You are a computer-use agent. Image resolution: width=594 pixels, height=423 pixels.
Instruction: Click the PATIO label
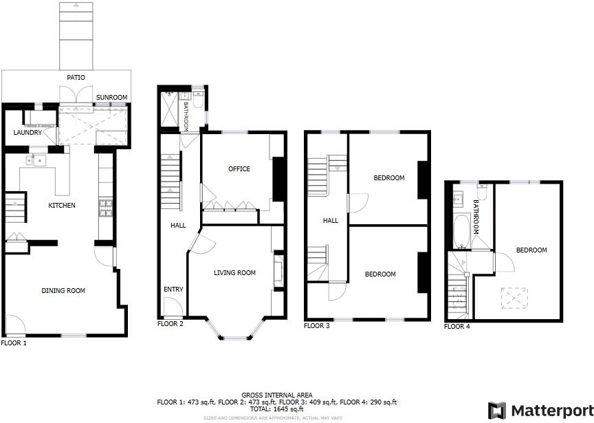76,78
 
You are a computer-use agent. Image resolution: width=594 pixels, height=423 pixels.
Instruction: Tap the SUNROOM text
111,98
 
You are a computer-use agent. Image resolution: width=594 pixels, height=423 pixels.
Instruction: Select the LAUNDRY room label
28,133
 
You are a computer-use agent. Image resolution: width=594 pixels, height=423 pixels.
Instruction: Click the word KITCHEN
61,206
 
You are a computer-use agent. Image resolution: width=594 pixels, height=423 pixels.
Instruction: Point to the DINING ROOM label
63,291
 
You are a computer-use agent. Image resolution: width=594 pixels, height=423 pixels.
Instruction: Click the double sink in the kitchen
36,161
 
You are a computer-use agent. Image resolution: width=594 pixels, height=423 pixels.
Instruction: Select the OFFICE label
239,169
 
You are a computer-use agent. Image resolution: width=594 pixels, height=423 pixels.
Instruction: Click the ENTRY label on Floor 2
173,290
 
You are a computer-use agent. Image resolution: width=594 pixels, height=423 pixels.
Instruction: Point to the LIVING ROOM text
234,273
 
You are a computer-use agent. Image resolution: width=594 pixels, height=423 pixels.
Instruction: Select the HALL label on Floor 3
331,221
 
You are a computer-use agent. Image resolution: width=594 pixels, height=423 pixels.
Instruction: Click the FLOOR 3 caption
317,326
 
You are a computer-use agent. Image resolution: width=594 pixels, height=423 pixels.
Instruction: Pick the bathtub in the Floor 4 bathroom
461,231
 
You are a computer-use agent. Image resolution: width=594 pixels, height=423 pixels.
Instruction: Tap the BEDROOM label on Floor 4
531,250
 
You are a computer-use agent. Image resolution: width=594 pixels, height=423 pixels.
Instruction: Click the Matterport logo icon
496,411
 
